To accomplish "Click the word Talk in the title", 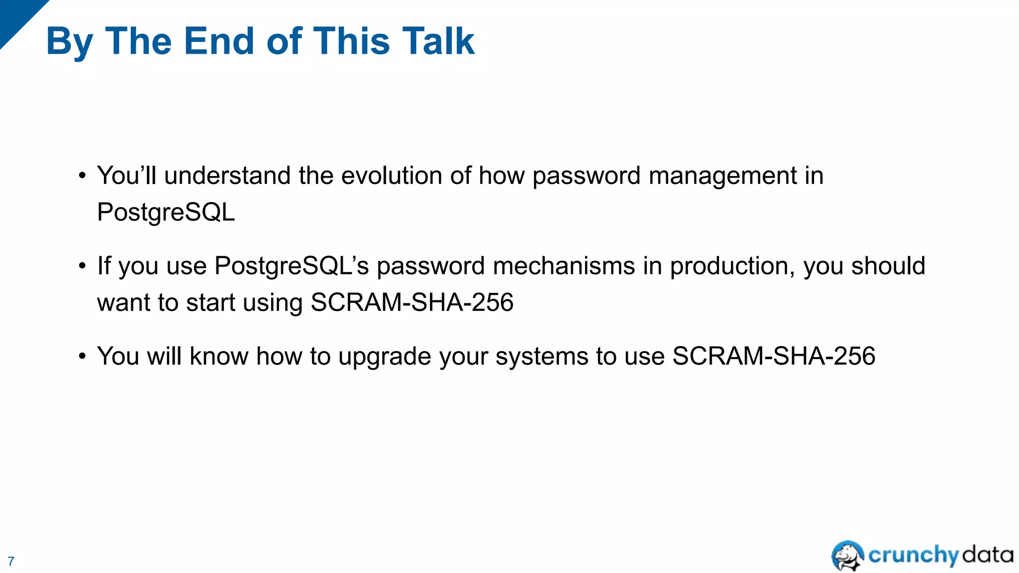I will tap(438, 41).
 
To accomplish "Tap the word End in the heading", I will tap(219, 41).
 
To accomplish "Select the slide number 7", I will tap(11, 561).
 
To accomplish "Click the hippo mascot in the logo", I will tap(847, 555).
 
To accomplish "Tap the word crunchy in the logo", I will tap(913, 555).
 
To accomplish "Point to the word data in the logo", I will tap(988, 554).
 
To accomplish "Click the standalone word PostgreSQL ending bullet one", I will tap(166, 212).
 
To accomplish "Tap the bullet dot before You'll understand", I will tap(83, 176).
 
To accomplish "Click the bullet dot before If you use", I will tap(83, 266).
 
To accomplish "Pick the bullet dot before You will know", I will tap(83, 356).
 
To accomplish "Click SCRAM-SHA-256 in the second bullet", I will tap(412, 302).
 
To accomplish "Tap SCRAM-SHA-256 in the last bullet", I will tap(774, 356).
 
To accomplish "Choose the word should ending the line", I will tap(888, 266).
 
